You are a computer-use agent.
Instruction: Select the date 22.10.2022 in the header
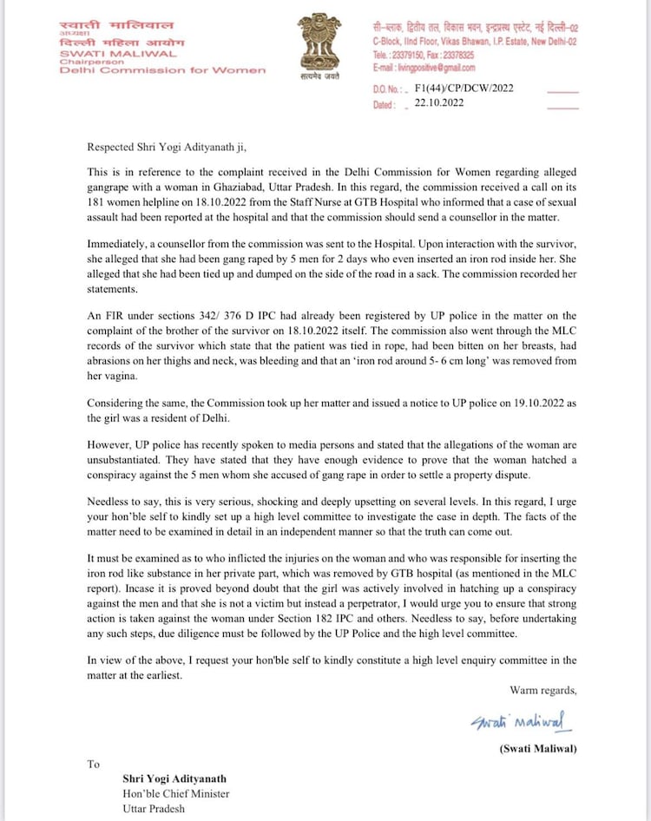439,103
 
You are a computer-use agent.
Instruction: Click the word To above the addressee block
93,764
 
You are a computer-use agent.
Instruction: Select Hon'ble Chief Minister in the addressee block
176,793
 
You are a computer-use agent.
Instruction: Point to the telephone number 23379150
411,54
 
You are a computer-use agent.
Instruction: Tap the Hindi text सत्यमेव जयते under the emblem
314,77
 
